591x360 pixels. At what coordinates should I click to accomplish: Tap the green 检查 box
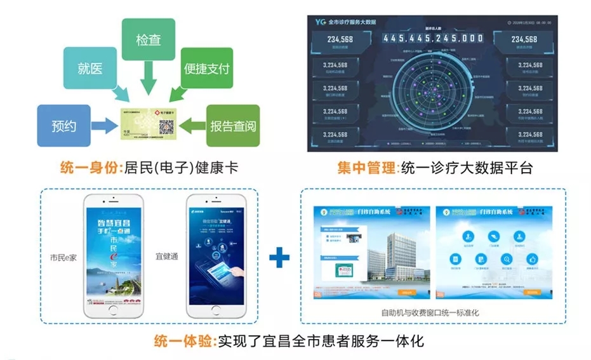(148, 39)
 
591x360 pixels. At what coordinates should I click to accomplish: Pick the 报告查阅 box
(233, 126)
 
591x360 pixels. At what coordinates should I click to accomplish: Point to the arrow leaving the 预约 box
(103, 126)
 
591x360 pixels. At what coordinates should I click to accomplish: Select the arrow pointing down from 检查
(148, 79)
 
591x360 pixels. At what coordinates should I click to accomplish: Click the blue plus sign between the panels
(279, 257)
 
